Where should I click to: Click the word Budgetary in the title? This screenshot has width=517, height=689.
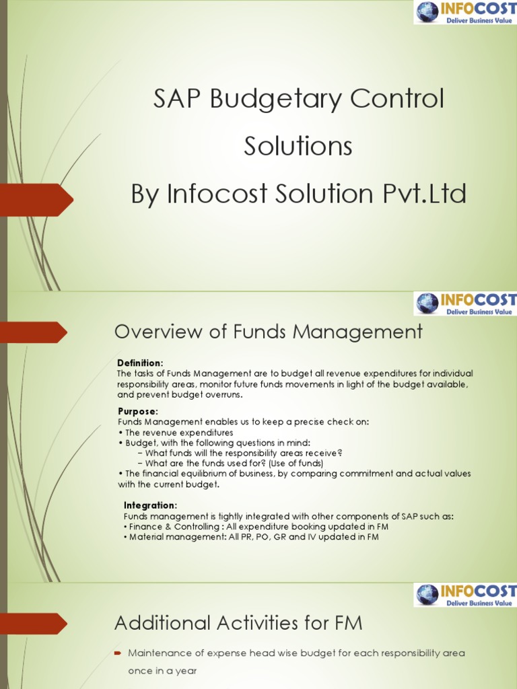click(269, 100)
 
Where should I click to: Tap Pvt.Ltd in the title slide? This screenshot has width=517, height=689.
click(425, 194)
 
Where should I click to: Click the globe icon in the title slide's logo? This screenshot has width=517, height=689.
click(426, 11)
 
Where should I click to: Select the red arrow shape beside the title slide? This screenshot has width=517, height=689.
click(37, 198)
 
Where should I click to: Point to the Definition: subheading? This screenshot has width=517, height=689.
click(140, 363)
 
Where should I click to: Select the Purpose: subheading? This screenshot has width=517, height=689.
click(138, 411)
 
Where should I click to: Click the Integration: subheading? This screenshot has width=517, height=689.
click(151, 505)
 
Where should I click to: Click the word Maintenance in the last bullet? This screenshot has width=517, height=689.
click(161, 653)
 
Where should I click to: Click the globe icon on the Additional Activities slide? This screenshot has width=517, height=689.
click(426, 595)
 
